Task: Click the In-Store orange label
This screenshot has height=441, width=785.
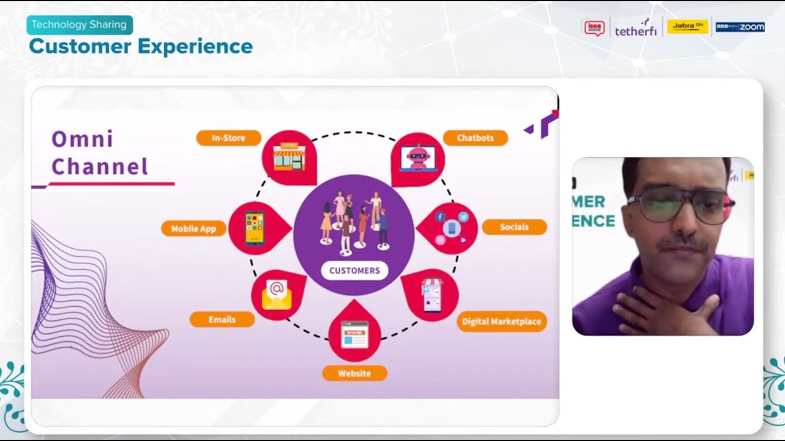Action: [229, 138]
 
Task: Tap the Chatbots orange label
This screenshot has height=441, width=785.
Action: [475, 138]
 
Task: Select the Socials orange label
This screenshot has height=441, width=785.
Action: [514, 227]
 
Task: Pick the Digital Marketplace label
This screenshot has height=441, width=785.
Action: [501, 321]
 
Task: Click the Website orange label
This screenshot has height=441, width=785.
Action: [354, 373]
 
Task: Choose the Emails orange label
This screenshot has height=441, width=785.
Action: [222, 319]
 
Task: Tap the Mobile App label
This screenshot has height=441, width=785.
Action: [194, 228]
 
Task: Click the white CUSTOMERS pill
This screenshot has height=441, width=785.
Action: [354, 270]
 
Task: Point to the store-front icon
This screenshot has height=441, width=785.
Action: [289, 157]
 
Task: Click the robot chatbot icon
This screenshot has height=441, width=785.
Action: [418, 158]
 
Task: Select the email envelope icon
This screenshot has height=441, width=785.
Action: [277, 295]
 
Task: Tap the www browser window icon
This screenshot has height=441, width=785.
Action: [354, 334]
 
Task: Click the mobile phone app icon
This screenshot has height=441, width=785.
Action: [255, 228]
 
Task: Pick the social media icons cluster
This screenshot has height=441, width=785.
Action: [451, 228]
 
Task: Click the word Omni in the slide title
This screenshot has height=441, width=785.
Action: [82, 139]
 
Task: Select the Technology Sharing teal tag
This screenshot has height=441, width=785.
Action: [79, 24]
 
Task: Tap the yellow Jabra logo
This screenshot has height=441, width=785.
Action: [687, 26]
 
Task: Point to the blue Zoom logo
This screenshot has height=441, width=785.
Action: [740, 27]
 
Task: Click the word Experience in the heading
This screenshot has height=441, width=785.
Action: [195, 46]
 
